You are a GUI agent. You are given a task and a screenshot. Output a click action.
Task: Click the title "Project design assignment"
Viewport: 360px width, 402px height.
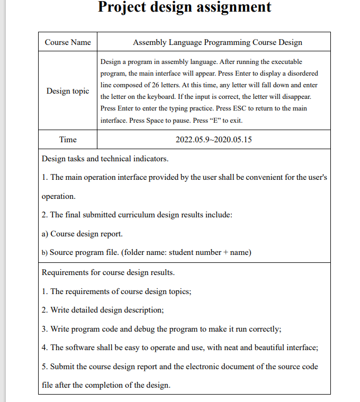point(185,7)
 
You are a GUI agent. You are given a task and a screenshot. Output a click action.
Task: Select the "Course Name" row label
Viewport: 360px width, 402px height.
point(68,42)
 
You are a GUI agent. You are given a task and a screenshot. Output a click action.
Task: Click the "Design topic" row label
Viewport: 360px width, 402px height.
point(68,91)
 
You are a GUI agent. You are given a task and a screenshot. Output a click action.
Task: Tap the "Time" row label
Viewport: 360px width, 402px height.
point(68,140)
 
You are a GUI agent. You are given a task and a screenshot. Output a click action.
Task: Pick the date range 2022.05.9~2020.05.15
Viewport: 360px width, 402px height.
point(213,140)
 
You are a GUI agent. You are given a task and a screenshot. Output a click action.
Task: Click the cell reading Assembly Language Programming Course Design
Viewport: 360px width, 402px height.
point(218,42)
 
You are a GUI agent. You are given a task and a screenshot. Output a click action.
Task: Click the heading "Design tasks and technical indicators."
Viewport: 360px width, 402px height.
point(105,159)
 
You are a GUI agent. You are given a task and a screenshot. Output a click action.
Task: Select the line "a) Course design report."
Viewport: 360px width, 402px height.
point(82,233)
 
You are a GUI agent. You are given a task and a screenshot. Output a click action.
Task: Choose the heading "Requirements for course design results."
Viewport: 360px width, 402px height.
point(108,272)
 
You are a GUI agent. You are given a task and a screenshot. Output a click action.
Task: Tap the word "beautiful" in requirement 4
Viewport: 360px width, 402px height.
point(267,348)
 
